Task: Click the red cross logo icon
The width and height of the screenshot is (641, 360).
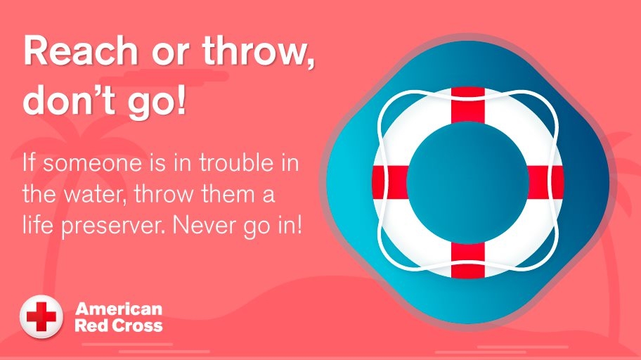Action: [x=41, y=316]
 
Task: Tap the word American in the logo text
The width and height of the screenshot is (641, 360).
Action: [x=119, y=309]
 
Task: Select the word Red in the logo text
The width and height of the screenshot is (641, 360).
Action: [x=89, y=325]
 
